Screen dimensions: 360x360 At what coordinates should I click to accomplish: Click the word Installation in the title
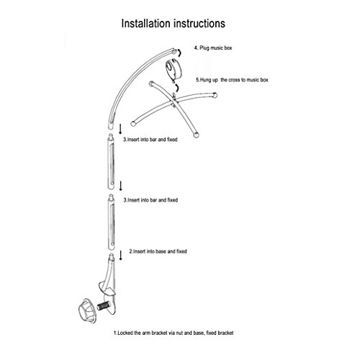click(x=145, y=24)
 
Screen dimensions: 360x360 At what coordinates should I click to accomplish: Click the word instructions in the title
click(x=199, y=24)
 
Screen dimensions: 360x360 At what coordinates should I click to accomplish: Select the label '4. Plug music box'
click(x=213, y=48)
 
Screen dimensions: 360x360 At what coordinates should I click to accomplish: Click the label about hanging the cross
click(x=232, y=80)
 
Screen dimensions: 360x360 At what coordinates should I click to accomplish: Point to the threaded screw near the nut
click(x=103, y=306)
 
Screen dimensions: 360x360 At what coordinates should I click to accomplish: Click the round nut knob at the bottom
click(x=88, y=311)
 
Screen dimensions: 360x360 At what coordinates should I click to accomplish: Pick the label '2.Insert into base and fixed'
click(x=158, y=251)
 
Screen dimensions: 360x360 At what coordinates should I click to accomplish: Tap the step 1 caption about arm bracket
click(x=174, y=333)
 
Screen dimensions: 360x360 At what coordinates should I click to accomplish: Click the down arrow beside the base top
click(x=121, y=256)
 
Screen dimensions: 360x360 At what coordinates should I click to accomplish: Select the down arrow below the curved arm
click(x=120, y=129)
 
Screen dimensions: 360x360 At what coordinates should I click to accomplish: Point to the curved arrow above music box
click(x=179, y=53)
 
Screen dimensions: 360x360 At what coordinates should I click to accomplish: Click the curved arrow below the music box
click(x=177, y=88)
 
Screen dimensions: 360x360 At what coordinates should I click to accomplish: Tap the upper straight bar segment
click(x=111, y=162)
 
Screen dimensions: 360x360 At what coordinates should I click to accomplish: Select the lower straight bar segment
click(x=111, y=222)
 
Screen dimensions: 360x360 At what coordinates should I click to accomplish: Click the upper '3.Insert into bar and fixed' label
click(x=150, y=140)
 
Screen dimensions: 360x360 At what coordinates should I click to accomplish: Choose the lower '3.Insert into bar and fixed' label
click(x=150, y=200)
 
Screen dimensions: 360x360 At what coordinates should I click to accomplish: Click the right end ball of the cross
click(x=215, y=95)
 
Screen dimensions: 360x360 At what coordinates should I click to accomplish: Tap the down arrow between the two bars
click(x=121, y=186)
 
